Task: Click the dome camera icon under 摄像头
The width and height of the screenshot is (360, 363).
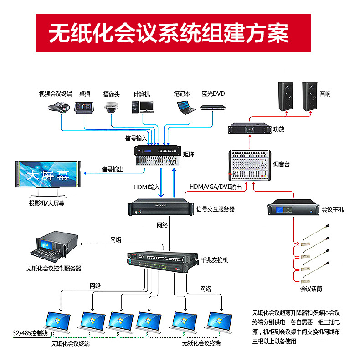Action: tap(111, 108)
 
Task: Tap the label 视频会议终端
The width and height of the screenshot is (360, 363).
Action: tap(55, 94)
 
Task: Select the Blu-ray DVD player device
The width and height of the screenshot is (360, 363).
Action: tap(213, 108)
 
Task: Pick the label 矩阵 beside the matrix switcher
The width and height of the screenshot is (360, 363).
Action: tap(188, 155)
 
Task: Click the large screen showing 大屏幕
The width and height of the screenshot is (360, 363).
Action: tap(47, 176)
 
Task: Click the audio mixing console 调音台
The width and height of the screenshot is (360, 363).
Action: tap(249, 165)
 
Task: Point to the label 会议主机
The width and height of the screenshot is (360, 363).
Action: tap(332, 210)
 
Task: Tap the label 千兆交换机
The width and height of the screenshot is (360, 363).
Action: tap(214, 260)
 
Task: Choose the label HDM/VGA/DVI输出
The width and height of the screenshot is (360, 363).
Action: tap(216, 187)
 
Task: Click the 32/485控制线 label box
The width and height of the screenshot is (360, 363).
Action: tap(31, 333)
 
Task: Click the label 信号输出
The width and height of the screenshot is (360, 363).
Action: tap(112, 170)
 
